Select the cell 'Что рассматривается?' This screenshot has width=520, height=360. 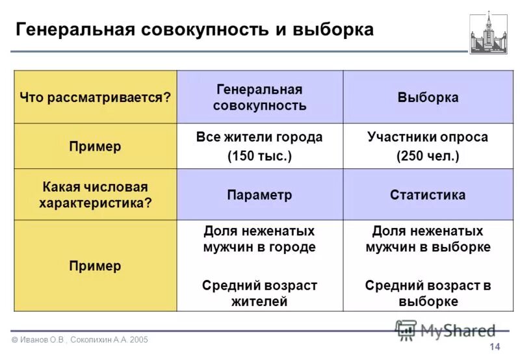pos(95,97)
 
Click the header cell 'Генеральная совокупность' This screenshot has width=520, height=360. pos(259,97)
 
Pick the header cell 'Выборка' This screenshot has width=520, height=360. pos(428,97)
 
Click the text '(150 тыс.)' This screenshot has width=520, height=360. pos(259,157)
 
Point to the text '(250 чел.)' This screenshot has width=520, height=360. pos(428,157)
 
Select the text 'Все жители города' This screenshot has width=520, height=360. pos(259,138)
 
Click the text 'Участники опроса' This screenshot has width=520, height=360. pos(428,138)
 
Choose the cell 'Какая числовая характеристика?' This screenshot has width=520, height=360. pos(95,195)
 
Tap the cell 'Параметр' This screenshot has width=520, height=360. pos(259,195)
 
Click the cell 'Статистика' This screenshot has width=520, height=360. pos(428,195)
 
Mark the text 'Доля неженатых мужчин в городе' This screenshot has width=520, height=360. pos(259,239)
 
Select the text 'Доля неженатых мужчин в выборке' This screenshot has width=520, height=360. pos(428,239)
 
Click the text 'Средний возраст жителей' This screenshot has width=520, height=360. pos(259,293)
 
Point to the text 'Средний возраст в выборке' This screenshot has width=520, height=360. pos(428,293)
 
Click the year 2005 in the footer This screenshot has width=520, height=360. pos(138,340)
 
